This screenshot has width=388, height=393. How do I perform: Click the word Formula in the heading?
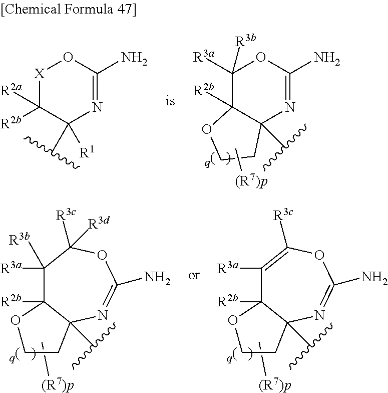click(x=89, y=9)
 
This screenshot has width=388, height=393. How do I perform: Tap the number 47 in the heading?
click(x=125, y=9)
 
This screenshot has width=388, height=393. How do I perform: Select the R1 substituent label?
click(x=87, y=152)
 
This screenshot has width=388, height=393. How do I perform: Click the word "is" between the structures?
click(x=170, y=101)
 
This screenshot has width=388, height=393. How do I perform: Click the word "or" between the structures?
click(x=194, y=275)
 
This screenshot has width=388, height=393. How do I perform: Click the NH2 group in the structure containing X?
click(x=134, y=59)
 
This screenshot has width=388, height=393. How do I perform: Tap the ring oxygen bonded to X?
click(x=68, y=57)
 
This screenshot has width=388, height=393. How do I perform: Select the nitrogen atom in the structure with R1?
click(x=97, y=107)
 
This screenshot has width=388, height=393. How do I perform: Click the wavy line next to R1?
click(x=52, y=151)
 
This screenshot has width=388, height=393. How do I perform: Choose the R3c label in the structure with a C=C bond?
click(x=283, y=215)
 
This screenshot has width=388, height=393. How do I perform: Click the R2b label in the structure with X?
click(x=11, y=123)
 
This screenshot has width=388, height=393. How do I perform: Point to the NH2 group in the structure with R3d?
click(x=157, y=278)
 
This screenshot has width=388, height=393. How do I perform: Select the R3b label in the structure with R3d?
click(x=20, y=240)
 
